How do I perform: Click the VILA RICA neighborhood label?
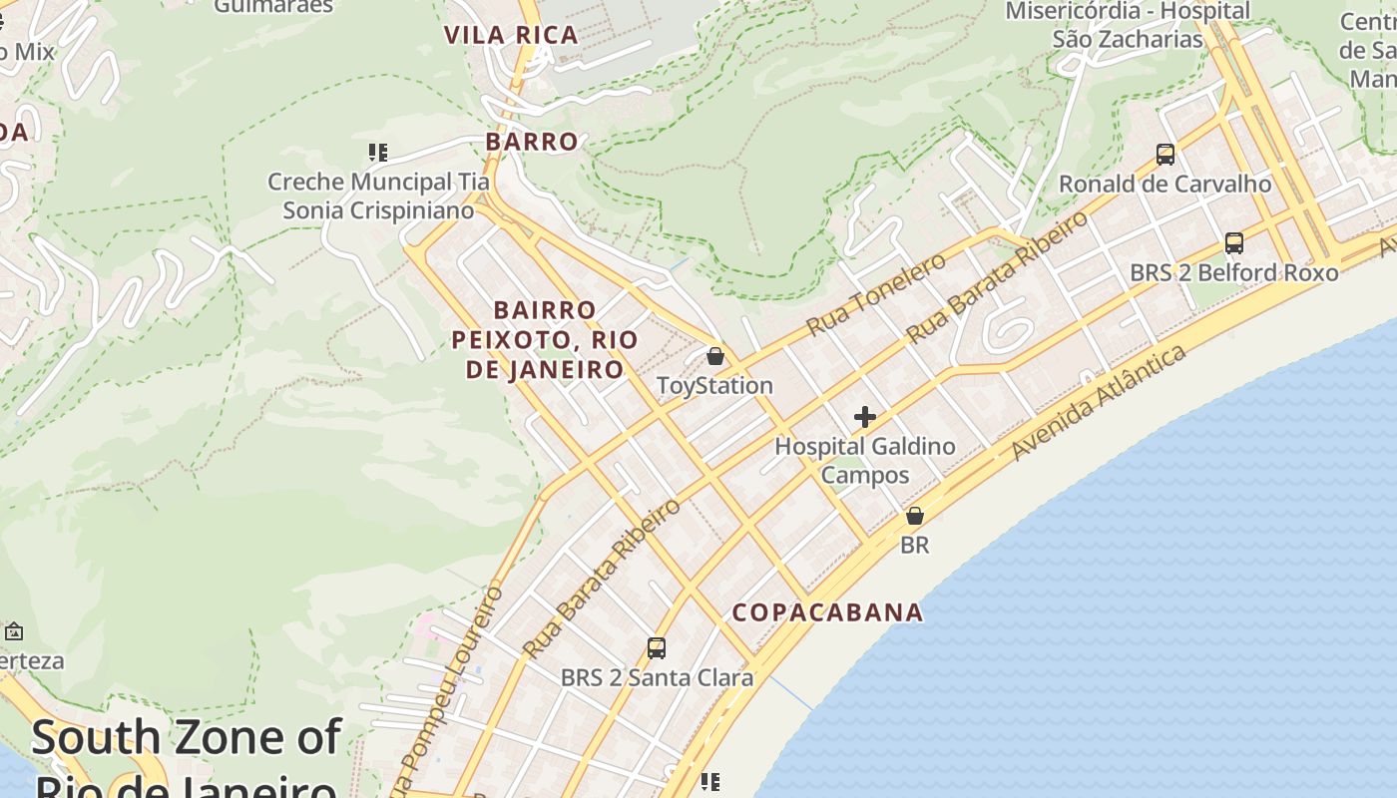click(x=511, y=35)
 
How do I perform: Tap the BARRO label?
click(x=532, y=142)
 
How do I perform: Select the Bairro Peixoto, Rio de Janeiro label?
click(x=545, y=339)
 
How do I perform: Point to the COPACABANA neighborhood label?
click(x=828, y=612)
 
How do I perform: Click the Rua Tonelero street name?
click(x=876, y=294)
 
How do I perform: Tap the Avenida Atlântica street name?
click(x=1100, y=402)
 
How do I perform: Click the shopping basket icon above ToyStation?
click(x=715, y=356)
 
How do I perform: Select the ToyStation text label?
click(x=714, y=386)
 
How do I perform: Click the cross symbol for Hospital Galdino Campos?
click(x=865, y=417)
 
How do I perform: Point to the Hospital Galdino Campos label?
click(x=865, y=460)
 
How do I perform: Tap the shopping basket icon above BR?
click(x=914, y=517)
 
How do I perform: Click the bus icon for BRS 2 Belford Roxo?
click(x=1234, y=243)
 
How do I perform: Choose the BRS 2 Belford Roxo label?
click(x=1234, y=272)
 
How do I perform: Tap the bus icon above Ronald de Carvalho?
click(x=1164, y=155)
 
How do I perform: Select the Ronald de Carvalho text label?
click(x=1164, y=185)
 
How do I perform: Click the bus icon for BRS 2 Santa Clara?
click(x=657, y=648)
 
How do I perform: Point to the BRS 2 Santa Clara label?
click(x=657, y=677)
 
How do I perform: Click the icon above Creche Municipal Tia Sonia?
click(x=377, y=153)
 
